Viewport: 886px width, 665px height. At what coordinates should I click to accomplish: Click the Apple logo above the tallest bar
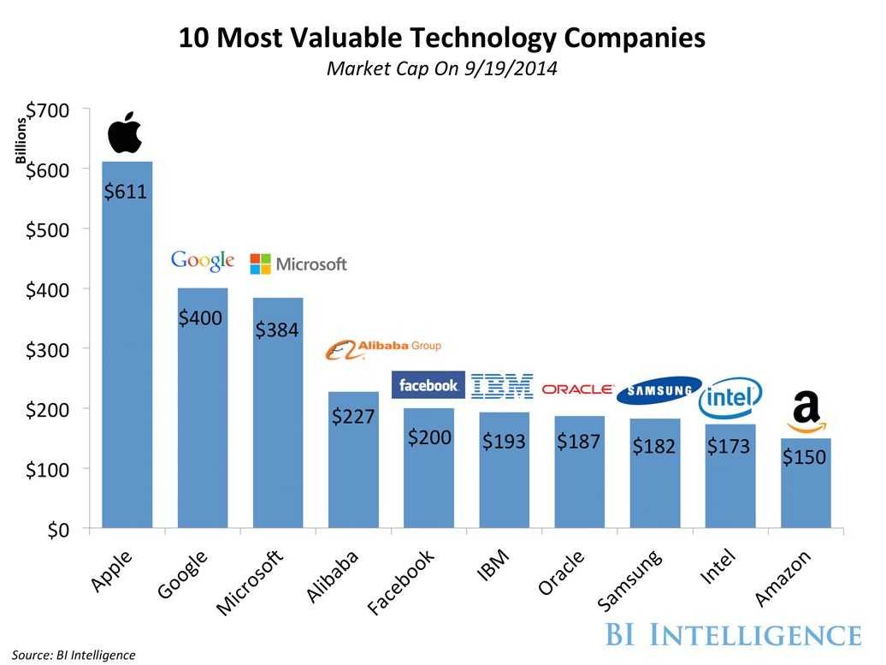pos(124,133)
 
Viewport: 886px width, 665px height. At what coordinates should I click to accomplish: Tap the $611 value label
pos(126,192)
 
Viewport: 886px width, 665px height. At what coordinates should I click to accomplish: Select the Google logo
pos(203,261)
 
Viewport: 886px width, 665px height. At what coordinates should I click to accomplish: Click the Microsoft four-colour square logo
pos(261,264)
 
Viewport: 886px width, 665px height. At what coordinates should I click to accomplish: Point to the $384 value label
pos(277,330)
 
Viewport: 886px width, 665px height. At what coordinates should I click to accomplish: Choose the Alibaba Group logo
pos(383,349)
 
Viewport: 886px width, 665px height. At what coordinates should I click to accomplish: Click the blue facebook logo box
pos(428,385)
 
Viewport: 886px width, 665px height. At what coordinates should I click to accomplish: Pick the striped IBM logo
pos(502,386)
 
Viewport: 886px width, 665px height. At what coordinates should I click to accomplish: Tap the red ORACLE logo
pos(577,389)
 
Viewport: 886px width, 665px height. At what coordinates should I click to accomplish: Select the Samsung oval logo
pos(659,390)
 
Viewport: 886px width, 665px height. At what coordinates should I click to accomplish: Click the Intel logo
pos(730,397)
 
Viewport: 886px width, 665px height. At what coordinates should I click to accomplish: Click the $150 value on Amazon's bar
pos(804,457)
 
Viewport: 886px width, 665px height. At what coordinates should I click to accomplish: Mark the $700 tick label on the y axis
pos(48,110)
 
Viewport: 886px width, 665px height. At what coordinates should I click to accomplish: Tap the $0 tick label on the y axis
pos(58,530)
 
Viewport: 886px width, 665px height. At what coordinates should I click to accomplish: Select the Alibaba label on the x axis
pos(332,576)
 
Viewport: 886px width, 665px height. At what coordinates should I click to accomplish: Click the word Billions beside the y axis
pos(21,140)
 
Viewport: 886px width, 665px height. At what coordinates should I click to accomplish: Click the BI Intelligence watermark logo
pos(733,634)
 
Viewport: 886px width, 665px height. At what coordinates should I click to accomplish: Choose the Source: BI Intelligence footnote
pos(74,655)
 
